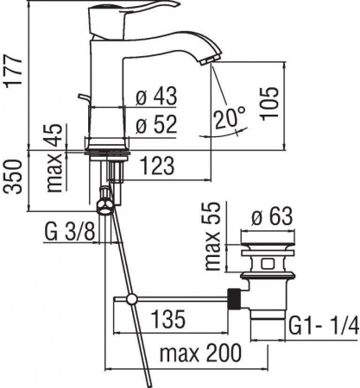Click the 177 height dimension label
(12, 71)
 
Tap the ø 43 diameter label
(156, 96)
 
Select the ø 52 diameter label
(156, 125)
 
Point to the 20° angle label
(231, 117)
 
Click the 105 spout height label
(270, 103)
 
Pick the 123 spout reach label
(158, 166)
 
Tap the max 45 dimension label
(54, 158)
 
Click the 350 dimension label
(12, 177)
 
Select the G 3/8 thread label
(70, 232)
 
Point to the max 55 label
(213, 236)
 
